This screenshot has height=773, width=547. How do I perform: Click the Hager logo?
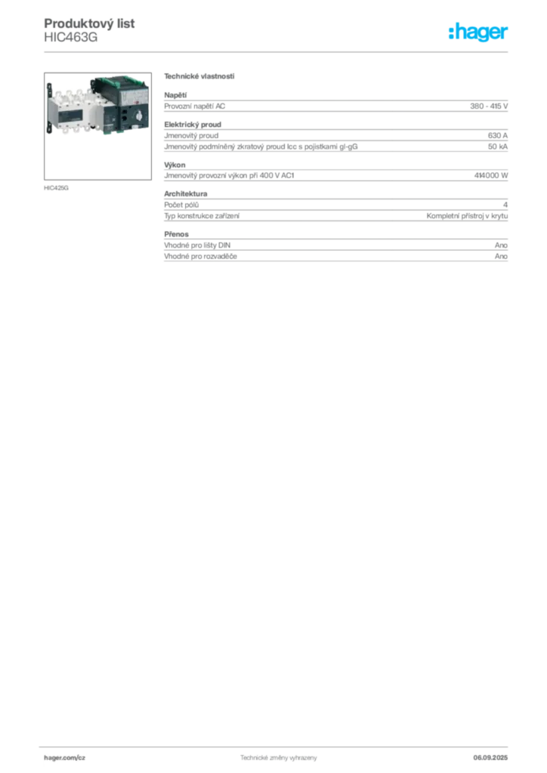pos(477,32)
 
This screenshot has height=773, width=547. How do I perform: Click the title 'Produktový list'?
pos(89,23)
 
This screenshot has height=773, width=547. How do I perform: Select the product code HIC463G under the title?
pos(71,38)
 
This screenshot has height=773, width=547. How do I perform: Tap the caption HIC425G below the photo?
pos(56,188)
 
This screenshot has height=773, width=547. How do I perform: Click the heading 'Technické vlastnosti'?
pos(199,76)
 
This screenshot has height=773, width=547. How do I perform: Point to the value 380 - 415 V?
pos(489,106)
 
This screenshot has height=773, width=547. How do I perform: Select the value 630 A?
pos(498,135)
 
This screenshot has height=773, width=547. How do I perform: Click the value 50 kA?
pos(498,146)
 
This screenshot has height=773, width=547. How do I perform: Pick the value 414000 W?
pos(491,175)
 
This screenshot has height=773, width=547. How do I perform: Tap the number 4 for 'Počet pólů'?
pos(505,205)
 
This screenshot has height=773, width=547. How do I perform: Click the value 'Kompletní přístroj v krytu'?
pos(467,216)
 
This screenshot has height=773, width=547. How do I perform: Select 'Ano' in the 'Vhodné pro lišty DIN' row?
pos(501,245)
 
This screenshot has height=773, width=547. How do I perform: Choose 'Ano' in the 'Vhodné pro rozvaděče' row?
pos(501,257)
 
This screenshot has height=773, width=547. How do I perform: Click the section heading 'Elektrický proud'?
pos(193,125)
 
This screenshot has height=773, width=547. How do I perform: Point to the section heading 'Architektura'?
pos(185,194)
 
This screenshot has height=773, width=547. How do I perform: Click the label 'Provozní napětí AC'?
pos(194,106)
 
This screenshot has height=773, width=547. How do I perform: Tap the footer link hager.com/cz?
pos(65,758)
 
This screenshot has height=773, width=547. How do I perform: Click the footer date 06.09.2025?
pos(490,758)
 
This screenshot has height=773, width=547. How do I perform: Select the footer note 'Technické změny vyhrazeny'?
pos(279,758)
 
